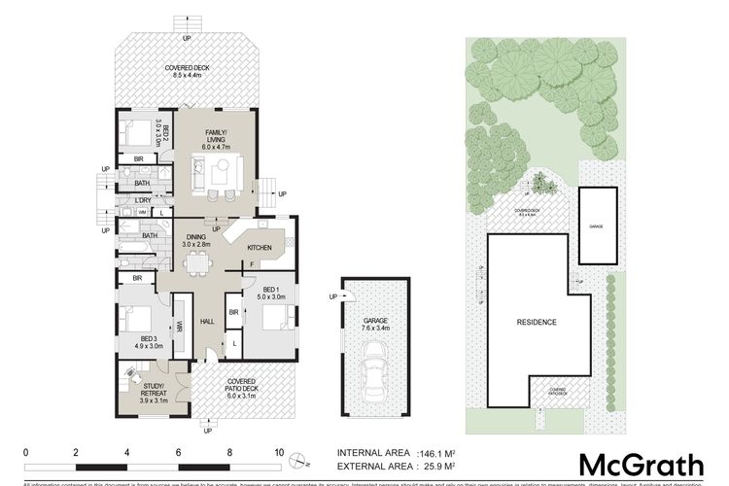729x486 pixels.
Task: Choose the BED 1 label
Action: [273, 294]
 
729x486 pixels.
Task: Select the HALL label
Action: [207, 322]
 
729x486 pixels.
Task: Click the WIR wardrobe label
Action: [180, 328]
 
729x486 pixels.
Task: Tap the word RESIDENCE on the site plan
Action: [537, 322]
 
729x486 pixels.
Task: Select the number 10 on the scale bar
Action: [279, 453]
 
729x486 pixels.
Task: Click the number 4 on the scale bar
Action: [127, 453]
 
